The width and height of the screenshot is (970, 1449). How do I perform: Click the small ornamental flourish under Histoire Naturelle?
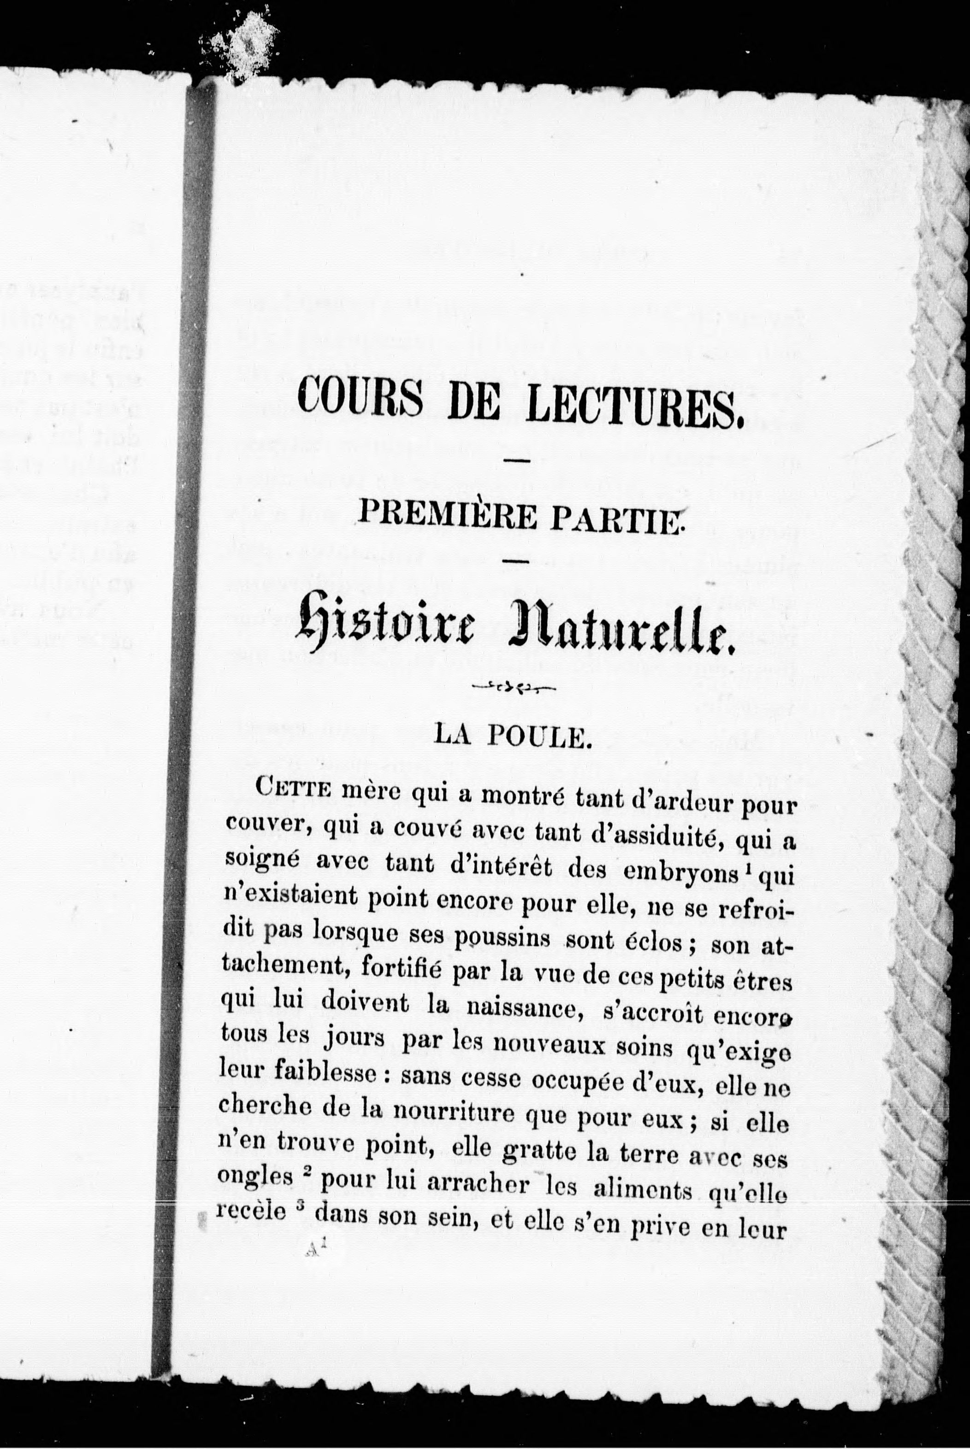pos(514,687)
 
